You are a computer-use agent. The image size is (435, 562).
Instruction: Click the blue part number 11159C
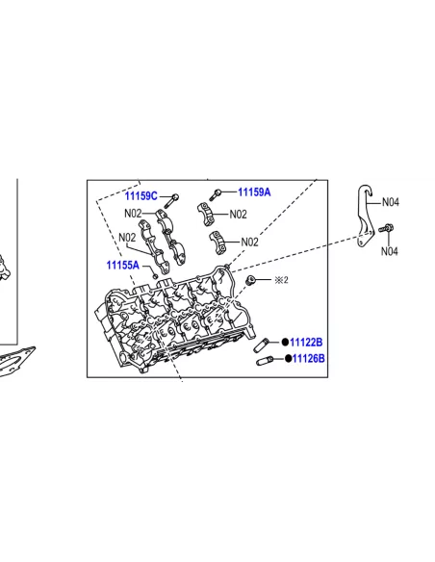coord(141,196)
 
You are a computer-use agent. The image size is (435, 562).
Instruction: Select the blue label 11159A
coord(254,192)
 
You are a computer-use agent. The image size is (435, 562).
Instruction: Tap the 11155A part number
coord(122,266)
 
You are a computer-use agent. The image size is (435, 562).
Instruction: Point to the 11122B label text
coord(306,343)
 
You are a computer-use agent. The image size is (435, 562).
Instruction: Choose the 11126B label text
coord(309,358)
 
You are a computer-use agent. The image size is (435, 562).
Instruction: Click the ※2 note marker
coord(281,280)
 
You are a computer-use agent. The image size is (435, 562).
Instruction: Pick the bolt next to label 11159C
coord(171,201)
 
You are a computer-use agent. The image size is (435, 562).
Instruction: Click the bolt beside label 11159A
coord(215,195)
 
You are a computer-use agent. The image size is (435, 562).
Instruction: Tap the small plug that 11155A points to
coord(155,276)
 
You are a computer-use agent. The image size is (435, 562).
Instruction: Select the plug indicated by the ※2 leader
coord(251,280)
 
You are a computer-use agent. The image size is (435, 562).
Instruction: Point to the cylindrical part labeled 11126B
coord(265,361)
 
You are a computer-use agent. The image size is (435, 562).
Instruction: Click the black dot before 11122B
coord(285,343)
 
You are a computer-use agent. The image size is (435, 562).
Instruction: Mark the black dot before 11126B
coord(288,358)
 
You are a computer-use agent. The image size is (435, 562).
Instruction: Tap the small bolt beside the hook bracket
coord(386,228)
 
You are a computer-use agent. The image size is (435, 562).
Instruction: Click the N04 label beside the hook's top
coord(390,202)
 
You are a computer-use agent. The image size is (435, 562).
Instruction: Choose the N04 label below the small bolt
coord(389,251)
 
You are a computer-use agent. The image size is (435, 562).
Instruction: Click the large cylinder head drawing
coord(175,319)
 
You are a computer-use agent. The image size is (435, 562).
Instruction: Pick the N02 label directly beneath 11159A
coord(238,215)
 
